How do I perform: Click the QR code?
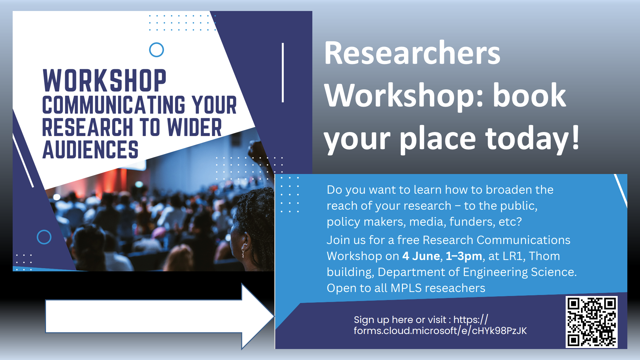(x=591, y=322)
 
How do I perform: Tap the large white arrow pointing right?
(x=159, y=316)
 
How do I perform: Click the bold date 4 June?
(x=421, y=256)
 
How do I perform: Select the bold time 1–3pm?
(x=464, y=256)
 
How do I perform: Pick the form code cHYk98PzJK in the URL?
(x=499, y=331)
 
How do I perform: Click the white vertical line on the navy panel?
(x=283, y=72)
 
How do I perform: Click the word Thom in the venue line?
(x=544, y=256)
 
